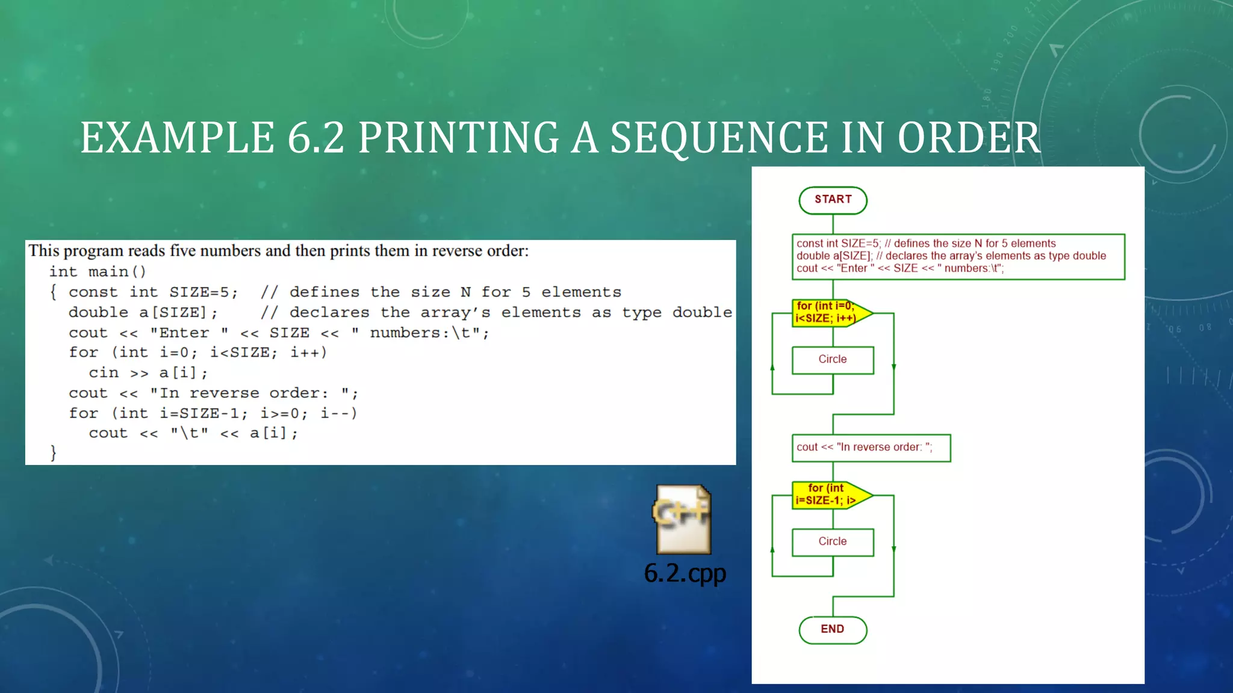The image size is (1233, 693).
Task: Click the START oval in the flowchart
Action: [x=833, y=200]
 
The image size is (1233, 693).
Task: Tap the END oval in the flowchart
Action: [x=833, y=629]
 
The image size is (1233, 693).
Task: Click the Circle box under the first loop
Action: [x=833, y=360]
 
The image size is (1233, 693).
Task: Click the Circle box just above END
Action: [x=833, y=542]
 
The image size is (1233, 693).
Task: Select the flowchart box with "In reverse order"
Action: [x=871, y=448]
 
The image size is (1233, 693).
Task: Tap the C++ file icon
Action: [x=683, y=519]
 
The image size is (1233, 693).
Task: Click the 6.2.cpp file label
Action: [x=685, y=573]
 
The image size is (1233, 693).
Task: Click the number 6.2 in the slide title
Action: [x=315, y=138]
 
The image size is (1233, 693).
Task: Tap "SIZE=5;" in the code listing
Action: [x=203, y=292]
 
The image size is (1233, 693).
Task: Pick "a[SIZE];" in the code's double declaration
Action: [x=178, y=313]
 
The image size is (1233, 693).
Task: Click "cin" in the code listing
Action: [x=104, y=373]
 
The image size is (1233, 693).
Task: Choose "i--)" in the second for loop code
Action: [x=339, y=413]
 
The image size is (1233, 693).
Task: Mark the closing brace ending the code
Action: [x=53, y=452]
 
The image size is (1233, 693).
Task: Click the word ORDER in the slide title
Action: [x=968, y=138]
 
